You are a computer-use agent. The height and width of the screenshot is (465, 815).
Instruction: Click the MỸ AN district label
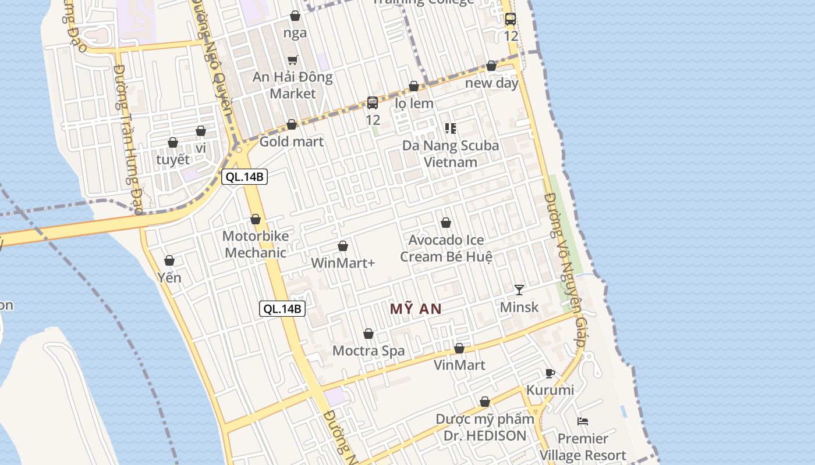click(x=416, y=309)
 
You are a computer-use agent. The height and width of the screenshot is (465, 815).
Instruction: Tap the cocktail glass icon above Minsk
click(x=519, y=289)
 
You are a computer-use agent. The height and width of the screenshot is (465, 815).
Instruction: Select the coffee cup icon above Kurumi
click(x=550, y=373)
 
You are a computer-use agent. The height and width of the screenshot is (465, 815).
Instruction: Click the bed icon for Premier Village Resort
click(x=583, y=421)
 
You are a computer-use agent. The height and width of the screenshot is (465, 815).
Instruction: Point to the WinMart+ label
click(x=343, y=263)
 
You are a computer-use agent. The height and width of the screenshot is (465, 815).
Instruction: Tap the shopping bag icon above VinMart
click(x=459, y=348)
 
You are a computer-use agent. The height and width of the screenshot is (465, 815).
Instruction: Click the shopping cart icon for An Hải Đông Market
click(x=293, y=60)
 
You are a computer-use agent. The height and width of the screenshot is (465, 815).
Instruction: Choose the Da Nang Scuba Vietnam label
click(x=451, y=153)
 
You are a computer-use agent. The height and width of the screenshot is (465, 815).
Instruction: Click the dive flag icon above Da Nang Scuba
click(x=450, y=128)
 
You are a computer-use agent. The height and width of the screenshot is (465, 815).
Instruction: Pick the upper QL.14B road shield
click(x=245, y=177)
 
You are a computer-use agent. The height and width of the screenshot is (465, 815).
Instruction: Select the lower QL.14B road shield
click(x=282, y=309)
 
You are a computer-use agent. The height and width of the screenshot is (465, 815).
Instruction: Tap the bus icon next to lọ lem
click(x=373, y=103)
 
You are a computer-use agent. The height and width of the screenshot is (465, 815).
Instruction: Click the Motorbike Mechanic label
click(x=256, y=244)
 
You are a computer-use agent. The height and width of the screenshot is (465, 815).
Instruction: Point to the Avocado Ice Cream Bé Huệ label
click(x=447, y=248)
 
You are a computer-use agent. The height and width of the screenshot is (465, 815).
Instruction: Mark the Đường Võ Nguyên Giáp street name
click(x=564, y=270)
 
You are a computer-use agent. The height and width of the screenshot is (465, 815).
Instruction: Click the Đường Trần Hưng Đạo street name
click(x=129, y=139)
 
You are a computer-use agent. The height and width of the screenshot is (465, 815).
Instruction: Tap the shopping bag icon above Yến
click(x=169, y=260)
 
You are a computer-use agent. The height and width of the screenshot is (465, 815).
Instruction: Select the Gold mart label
click(x=291, y=141)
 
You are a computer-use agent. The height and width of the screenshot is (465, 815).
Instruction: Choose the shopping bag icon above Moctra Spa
click(x=368, y=334)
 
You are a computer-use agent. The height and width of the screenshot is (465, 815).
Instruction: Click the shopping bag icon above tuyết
click(x=173, y=142)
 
